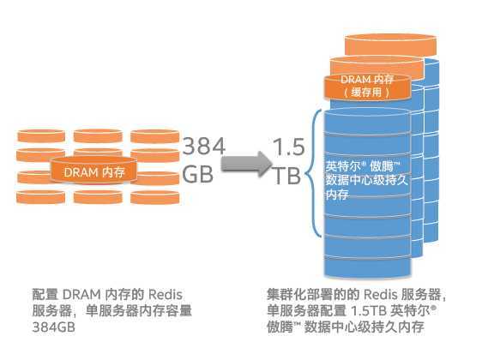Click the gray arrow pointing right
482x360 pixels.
[x=246, y=164]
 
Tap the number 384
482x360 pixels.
[x=204, y=147]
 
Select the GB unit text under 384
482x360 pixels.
[x=197, y=175]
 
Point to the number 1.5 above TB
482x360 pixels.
[x=288, y=147]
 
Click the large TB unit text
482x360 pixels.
[x=286, y=175]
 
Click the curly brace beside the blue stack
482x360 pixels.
[x=314, y=173]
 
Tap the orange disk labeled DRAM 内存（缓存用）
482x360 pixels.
[x=368, y=87]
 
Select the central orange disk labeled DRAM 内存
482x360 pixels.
[x=93, y=171]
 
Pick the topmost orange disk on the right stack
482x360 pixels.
[x=390, y=45]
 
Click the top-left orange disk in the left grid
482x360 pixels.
[x=41, y=136]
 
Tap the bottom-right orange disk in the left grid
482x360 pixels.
[x=155, y=197]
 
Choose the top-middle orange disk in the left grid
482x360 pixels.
[x=98, y=136]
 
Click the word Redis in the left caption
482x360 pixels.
[x=166, y=295]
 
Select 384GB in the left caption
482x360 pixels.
[x=53, y=327]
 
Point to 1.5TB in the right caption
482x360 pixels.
[x=369, y=311]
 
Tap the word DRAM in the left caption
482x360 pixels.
[x=81, y=295]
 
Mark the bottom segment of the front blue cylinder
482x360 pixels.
[x=368, y=267]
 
